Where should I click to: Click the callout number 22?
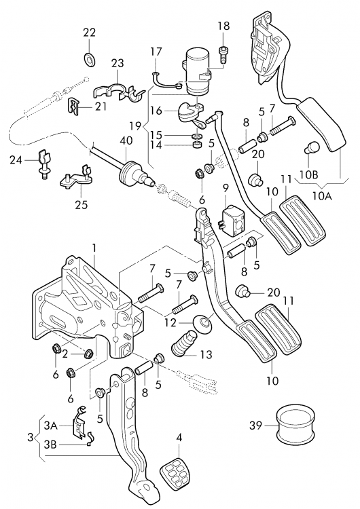click(x=90, y=32)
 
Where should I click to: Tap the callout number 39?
click(x=255, y=426)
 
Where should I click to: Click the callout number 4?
click(x=179, y=437)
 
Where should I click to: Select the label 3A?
click(x=51, y=425)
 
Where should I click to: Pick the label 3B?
click(x=51, y=445)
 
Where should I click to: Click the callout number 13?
click(x=205, y=354)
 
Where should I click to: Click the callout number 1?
click(x=94, y=248)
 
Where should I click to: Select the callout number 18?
click(x=223, y=26)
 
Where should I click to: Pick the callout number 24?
click(x=16, y=161)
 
